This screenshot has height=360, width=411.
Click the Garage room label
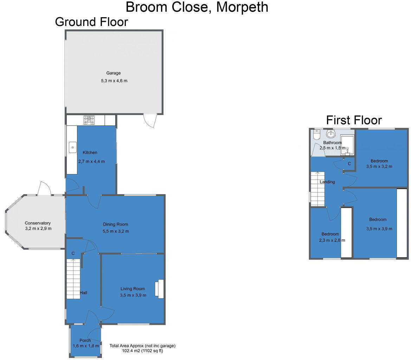point(113,73)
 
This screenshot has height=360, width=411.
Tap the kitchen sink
point(72,147)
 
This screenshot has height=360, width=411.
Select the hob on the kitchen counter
point(89,120)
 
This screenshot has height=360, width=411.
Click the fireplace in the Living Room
point(160,289)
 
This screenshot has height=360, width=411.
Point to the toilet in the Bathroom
point(316,135)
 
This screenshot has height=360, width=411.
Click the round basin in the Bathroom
point(331,134)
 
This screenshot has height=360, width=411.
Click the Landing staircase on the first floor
point(317,189)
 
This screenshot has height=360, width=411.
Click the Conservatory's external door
point(44,188)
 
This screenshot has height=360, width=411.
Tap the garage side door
point(150,120)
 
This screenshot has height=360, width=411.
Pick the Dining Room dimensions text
point(115,231)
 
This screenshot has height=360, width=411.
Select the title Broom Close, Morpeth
point(197,7)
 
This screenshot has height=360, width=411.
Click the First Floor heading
point(354,120)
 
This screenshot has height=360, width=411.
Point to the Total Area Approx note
point(142,348)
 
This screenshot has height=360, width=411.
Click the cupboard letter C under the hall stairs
point(73,253)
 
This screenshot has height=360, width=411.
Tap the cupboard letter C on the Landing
point(349,164)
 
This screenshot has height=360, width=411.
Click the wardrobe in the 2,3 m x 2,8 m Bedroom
point(346,233)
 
